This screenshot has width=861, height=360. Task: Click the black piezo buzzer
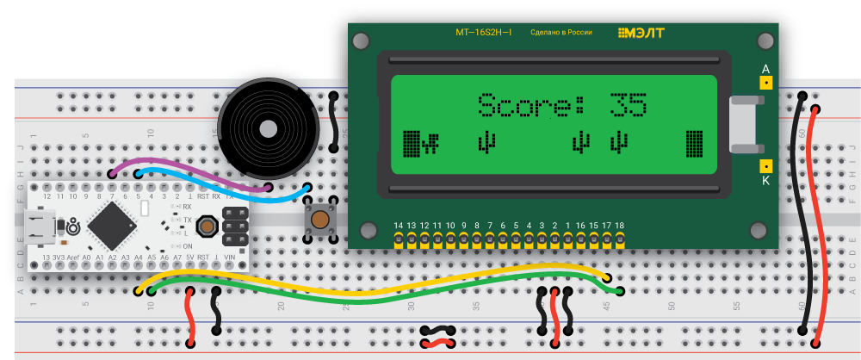268,130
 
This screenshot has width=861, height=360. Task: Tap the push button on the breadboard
320,220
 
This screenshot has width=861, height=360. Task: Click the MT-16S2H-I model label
483,33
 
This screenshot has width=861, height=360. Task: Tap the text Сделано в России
561,33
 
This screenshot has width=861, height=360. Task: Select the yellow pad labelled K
765,166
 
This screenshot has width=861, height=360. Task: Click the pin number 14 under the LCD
398,226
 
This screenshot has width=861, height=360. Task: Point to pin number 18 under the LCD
619,226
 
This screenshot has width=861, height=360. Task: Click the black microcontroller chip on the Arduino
110,226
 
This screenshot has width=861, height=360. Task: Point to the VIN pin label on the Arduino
229,257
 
